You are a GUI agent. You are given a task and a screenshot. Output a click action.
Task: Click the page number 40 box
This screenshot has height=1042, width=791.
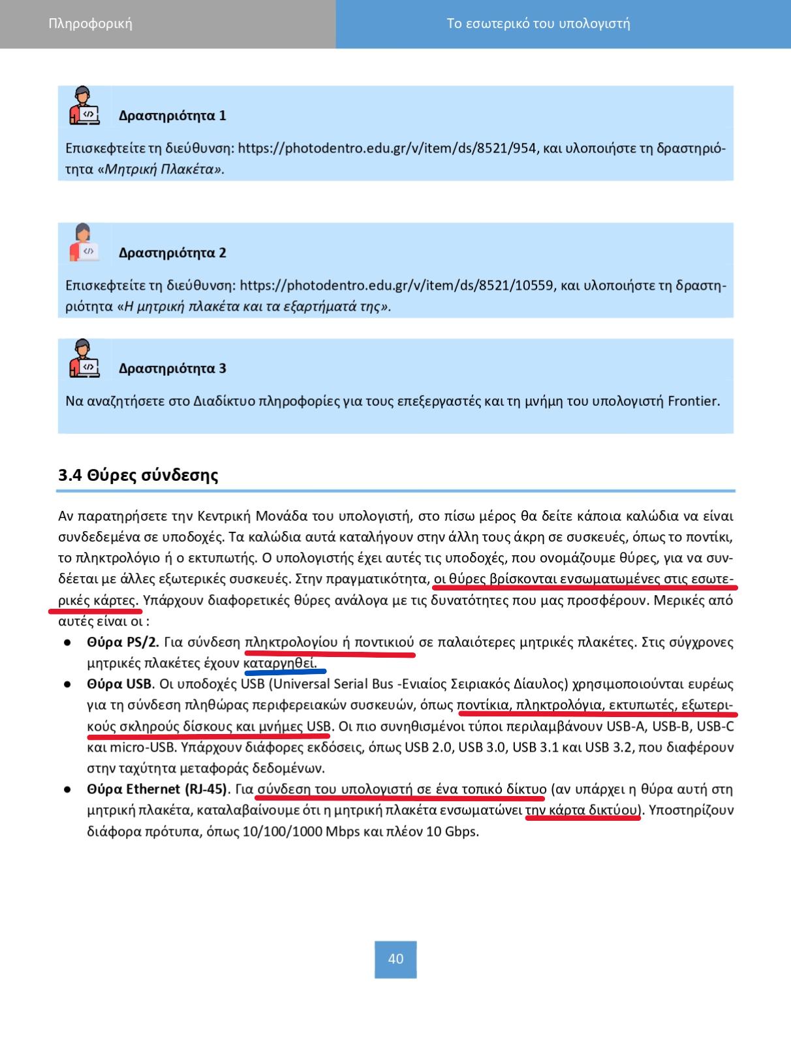pos(395,958)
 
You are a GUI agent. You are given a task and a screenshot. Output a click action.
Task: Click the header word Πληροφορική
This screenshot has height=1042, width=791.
pos(90,24)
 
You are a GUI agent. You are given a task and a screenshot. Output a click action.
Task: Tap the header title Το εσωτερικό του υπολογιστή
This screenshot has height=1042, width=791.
pos(538,24)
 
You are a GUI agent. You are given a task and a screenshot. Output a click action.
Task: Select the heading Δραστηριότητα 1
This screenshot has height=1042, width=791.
pos(172,116)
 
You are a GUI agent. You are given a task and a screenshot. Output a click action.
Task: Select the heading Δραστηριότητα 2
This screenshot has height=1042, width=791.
pos(172,253)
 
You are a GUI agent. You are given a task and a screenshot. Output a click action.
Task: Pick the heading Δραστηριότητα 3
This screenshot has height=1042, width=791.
pos(172,369)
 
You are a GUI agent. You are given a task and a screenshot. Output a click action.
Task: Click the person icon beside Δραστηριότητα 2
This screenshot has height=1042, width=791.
pos(84,243)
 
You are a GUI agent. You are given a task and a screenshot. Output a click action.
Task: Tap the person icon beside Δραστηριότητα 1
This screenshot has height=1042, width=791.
pos(84,106)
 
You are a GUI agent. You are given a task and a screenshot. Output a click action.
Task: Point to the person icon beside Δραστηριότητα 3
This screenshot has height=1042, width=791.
pos(84,358)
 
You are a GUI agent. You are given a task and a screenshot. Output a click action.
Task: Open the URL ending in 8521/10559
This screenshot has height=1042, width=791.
pos(397,286)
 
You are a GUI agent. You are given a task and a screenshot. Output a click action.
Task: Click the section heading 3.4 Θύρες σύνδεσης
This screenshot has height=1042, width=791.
pos(138,475)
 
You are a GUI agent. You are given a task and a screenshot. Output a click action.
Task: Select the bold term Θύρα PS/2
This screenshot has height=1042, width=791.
pos(123,643)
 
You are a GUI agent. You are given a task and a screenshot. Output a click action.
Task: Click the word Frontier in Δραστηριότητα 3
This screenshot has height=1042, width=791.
pos(694,401)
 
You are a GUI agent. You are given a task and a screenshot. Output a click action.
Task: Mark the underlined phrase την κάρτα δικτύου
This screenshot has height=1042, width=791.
pos(582,810)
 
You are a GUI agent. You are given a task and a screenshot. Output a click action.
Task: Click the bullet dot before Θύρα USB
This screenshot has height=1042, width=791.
pos(67,684)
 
